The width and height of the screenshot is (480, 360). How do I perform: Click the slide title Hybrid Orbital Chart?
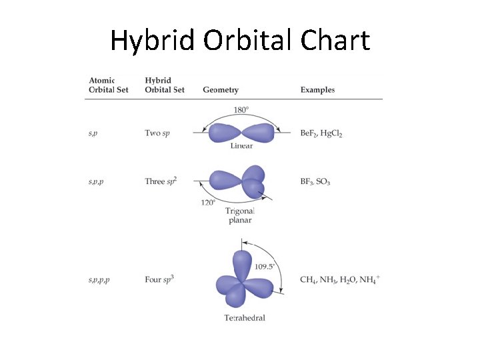tap(239, 41)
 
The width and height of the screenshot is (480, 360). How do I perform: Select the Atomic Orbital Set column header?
tap(108, 85)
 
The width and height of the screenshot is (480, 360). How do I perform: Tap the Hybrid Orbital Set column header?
tap(164, 85)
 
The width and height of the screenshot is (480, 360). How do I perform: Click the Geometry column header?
tap(221, 90)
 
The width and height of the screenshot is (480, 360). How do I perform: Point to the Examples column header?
tap(317, 90)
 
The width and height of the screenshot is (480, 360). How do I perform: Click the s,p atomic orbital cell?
tap(93, 133)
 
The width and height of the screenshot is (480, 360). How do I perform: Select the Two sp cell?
tap(157, 133)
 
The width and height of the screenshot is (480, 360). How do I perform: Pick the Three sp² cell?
tap(161, 181)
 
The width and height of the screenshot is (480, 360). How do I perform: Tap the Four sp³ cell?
tap(160, 279)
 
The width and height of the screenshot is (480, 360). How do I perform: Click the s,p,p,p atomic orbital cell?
tap(99, 280)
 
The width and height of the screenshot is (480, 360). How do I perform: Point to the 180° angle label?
tap(241, 110)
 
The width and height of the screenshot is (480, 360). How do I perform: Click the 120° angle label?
tap(208, 203)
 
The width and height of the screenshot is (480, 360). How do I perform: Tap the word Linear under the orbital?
tap(241, 146)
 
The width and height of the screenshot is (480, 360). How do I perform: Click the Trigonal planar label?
tap(240, 215)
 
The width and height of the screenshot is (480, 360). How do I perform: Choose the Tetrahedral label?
tap(245, 318)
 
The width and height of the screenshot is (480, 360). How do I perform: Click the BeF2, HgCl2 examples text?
tap(321, 133)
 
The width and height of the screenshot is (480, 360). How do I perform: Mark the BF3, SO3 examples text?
tap(315, 181)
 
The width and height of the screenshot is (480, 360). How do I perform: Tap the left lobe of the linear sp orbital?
tap(225, 133)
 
